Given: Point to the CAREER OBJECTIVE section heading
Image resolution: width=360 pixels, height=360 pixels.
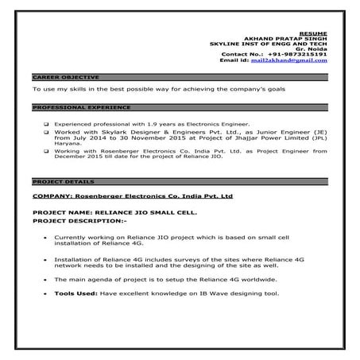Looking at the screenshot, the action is click(66, 77).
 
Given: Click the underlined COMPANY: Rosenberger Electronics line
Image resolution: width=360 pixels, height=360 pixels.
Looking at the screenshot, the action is click(133, 195).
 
